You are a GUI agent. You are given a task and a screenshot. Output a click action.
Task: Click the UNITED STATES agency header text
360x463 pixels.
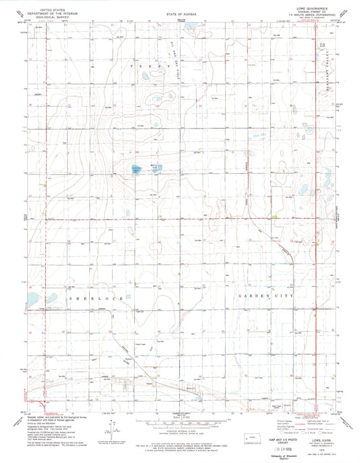click(41, 9)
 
